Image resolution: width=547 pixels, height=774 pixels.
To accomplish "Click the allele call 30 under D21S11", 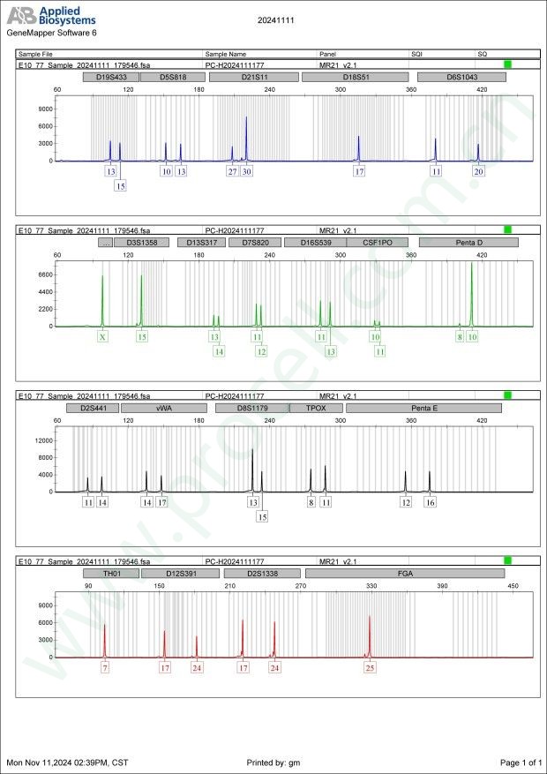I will [x=247, y=171].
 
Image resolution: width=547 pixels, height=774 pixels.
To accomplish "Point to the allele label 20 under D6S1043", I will [x=478, y=171].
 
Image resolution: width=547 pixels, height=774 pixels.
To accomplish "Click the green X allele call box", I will [x=102, y=336].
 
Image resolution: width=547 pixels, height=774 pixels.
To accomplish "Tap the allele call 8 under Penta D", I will [x=460, y=336].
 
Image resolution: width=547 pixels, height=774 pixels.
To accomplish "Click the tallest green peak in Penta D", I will [x=472, y=265].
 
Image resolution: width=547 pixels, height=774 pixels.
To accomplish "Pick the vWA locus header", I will [x=163, y=408].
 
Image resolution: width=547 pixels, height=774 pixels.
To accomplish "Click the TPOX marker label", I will [x=316, y=408].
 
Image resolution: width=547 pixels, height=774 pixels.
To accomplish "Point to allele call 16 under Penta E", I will [x=430, y=502].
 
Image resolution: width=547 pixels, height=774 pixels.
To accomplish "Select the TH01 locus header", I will [x=111, y=573].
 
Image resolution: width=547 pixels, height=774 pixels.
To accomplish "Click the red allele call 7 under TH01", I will [x=105, y=668].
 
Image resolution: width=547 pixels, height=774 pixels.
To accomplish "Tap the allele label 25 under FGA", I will [x=370, y=668].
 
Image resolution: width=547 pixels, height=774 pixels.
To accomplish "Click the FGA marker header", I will [x=406, y=573].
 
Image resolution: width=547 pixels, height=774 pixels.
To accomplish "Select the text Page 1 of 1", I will [x=520, y=762].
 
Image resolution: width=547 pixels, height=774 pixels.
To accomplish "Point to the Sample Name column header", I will [x=226, y=54].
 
